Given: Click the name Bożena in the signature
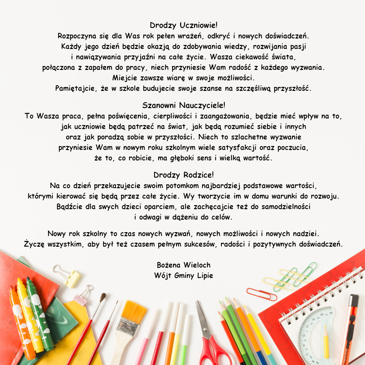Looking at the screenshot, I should (169, 265).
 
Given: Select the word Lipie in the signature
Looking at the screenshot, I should (204, 275).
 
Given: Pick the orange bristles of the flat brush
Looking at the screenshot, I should (133, 311).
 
